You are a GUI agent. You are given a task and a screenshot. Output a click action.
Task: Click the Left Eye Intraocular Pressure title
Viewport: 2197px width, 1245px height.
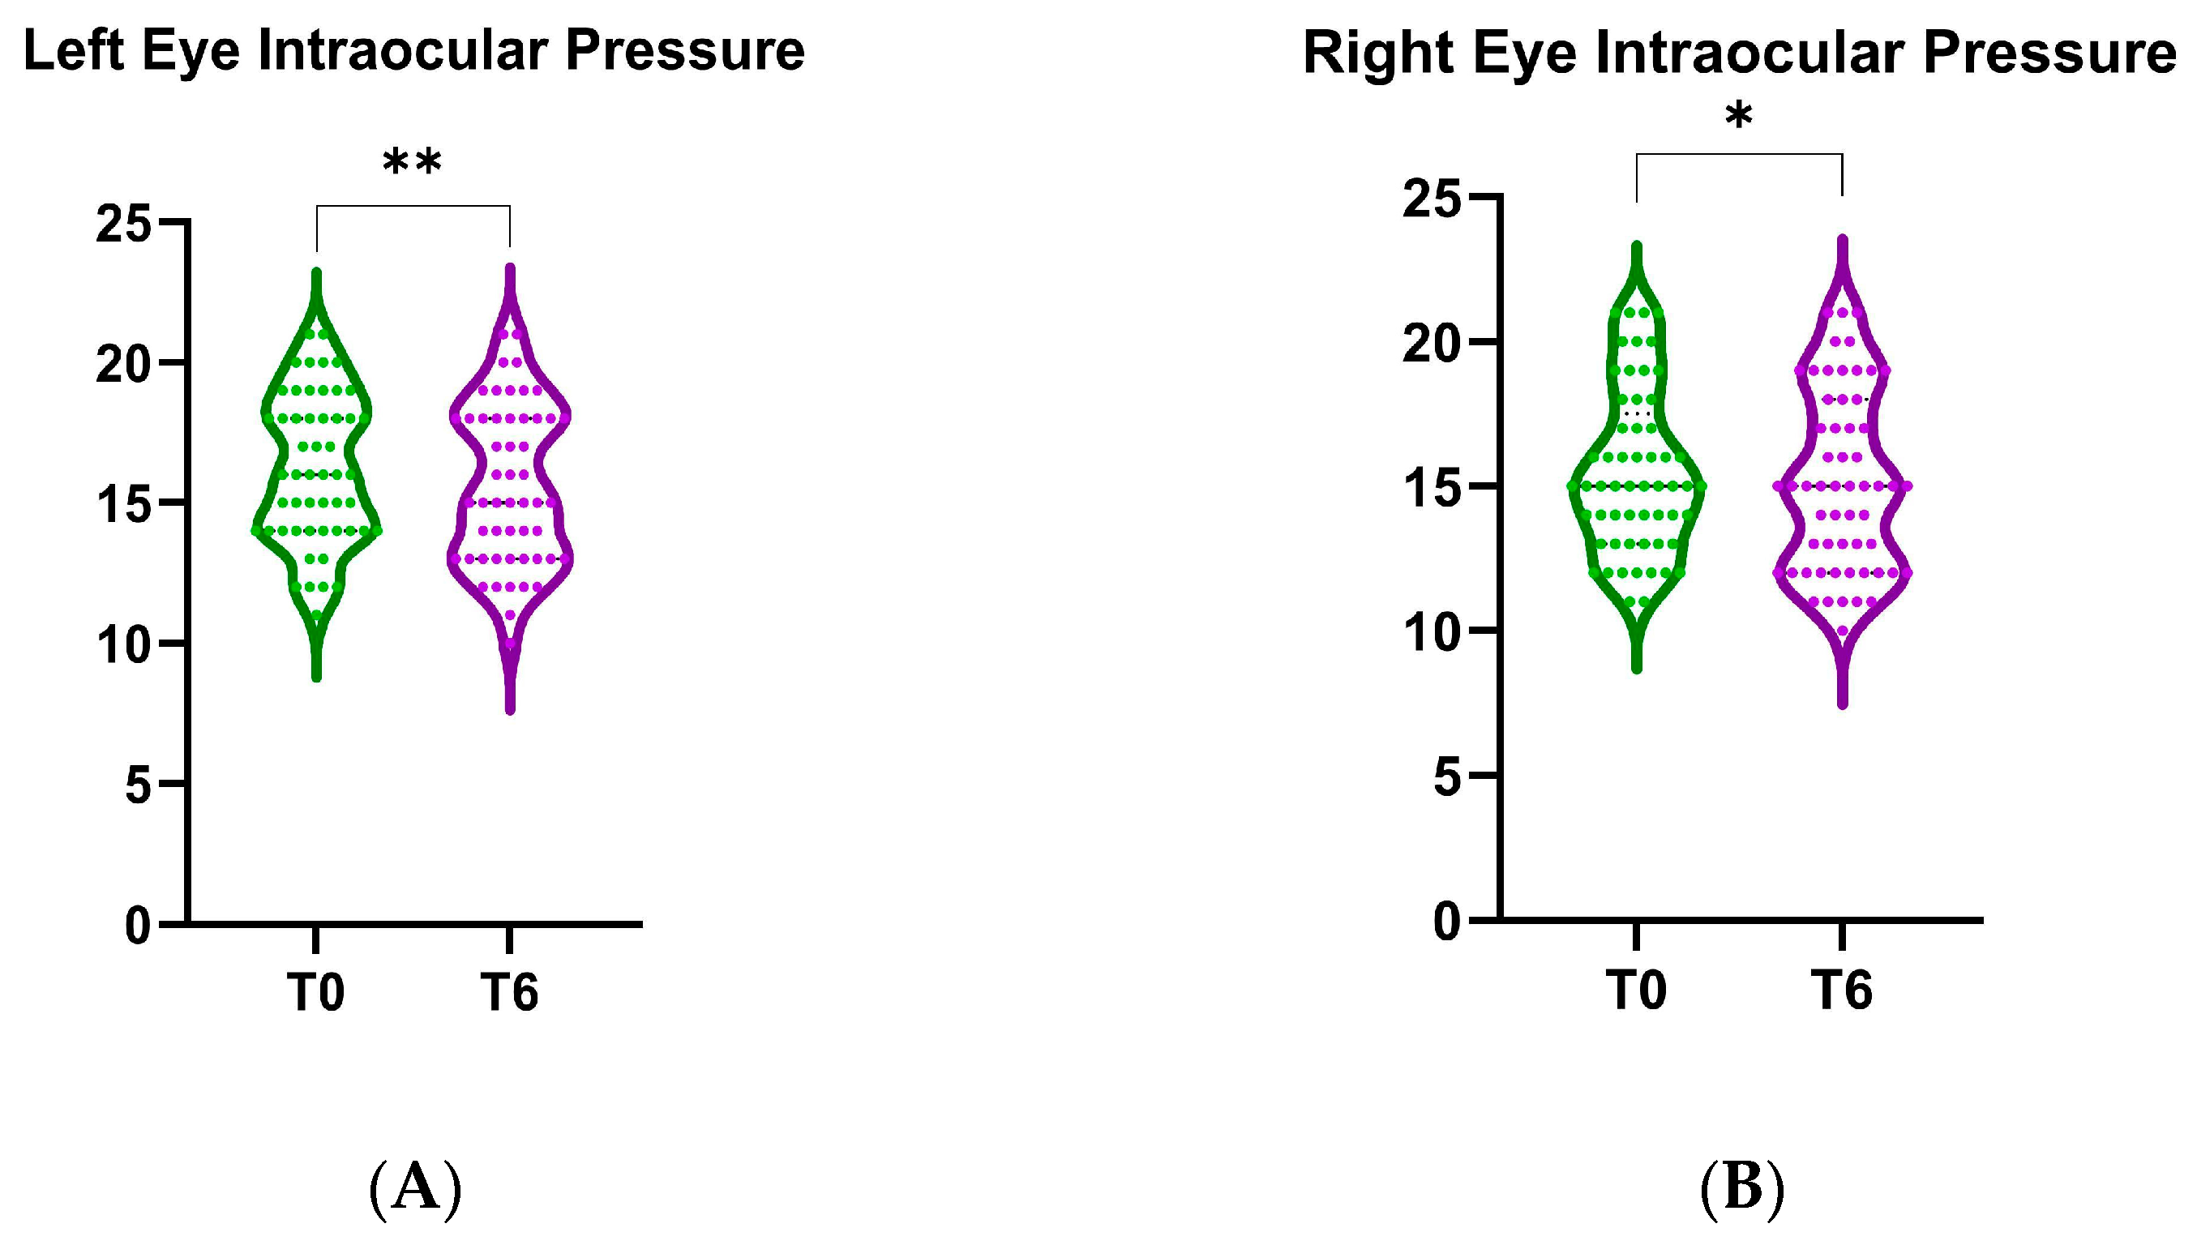[414, 51]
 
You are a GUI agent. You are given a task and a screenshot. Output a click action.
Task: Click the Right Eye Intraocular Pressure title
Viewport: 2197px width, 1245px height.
[1740, 53]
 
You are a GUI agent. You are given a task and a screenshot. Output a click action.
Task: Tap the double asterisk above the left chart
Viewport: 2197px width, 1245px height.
[412, 162]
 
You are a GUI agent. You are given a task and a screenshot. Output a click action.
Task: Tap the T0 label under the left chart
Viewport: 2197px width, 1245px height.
[315, 993]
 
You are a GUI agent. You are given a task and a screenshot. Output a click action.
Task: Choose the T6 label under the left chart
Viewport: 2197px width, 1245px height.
[510, 993]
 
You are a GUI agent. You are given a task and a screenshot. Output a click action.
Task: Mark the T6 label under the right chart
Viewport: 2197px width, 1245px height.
[1842, 990]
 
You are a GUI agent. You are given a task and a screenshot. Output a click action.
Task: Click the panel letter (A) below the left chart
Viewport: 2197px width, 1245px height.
[415, 1189]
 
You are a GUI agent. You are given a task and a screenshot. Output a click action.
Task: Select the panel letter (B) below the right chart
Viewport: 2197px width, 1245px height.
[1742, 1189]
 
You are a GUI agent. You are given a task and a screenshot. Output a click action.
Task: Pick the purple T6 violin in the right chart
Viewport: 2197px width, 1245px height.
[1842, 479]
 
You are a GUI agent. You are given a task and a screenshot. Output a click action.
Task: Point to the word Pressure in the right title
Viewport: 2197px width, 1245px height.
[2049, 53]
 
